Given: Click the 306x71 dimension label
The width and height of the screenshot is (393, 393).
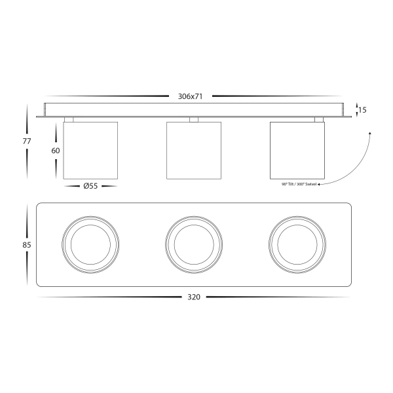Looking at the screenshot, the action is (190, 96).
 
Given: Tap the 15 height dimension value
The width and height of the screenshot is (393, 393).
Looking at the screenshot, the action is (362, 110).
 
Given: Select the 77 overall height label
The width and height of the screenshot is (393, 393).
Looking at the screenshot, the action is (27, 141).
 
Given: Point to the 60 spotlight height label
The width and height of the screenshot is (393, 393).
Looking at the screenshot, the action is (56, 151).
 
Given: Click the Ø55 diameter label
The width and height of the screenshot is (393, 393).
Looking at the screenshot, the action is (90, 186).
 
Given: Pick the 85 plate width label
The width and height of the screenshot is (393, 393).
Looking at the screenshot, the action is (27, 244).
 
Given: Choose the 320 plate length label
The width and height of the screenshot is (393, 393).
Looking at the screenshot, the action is (194, 297).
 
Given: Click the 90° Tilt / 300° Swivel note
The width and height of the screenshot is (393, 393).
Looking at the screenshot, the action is (299, 184).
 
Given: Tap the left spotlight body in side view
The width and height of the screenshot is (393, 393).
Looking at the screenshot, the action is (90, 151).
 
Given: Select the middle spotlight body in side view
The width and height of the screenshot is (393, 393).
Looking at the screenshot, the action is (194, 151).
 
